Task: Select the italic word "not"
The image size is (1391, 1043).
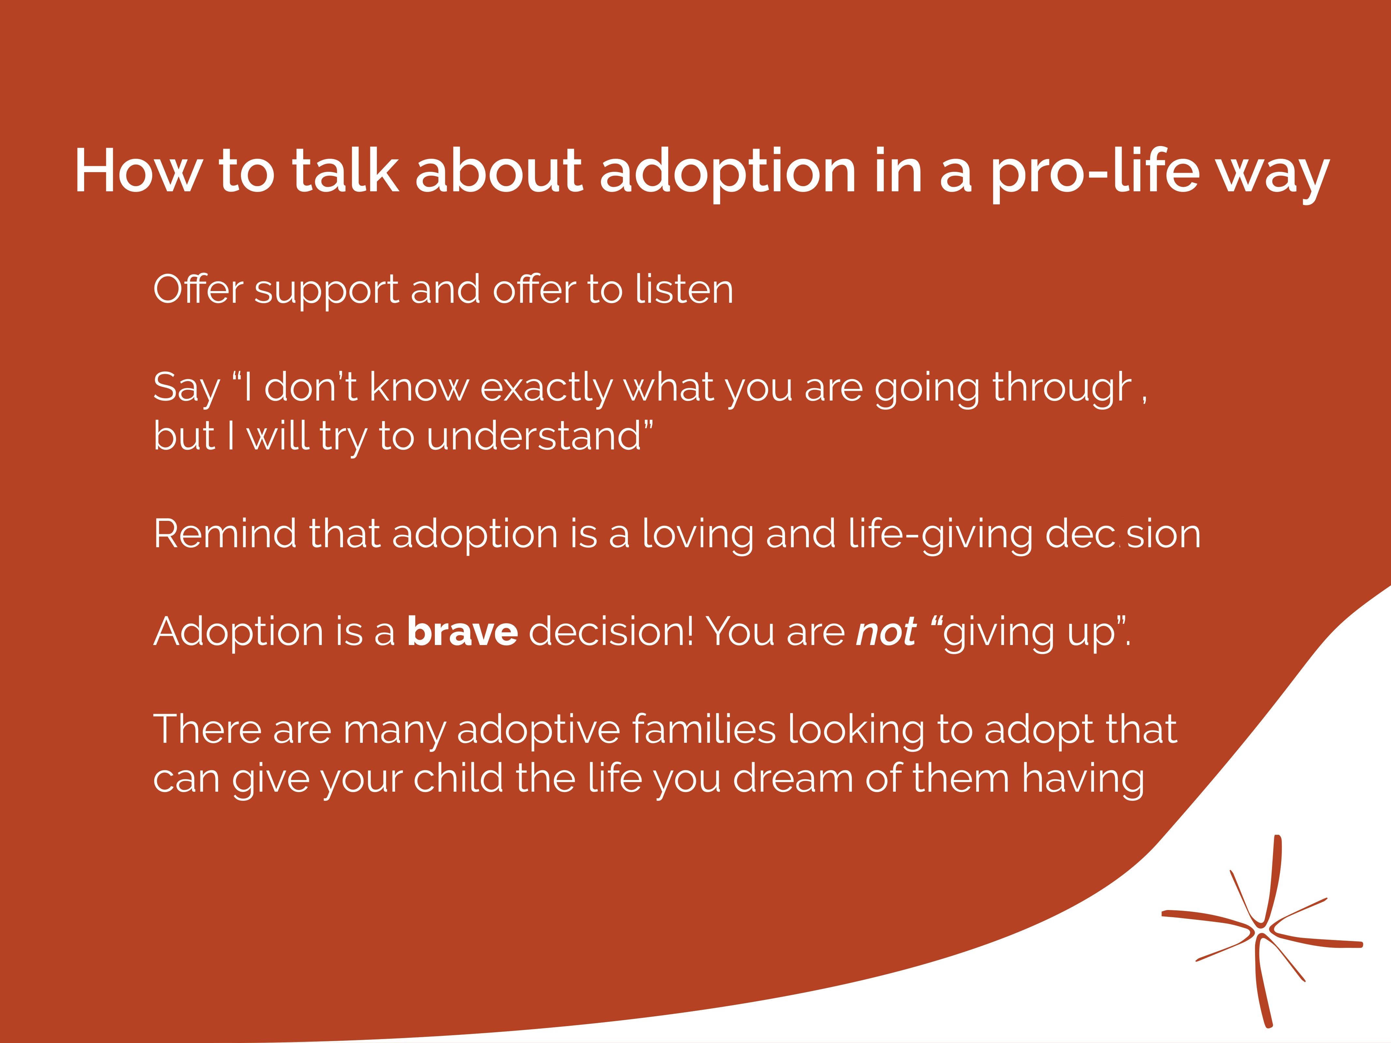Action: pyautogui.click(x=887, y=632)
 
